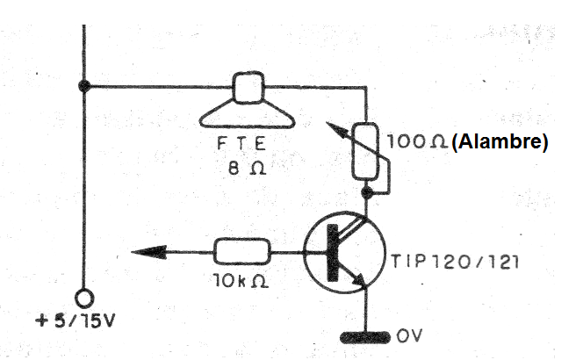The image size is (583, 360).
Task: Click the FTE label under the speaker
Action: [241, 143]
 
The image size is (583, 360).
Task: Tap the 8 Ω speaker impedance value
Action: [247, 169]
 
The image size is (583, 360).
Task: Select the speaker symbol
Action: [248, 100]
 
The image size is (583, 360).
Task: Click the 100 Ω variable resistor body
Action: [365, 151]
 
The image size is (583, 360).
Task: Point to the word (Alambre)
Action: [500, 142]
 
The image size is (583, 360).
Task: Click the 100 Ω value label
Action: [417, 141]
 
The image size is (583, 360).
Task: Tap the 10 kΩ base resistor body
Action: [241, 252]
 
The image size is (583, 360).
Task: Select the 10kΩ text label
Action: [241, 281]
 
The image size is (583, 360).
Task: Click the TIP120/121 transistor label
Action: [454, 262]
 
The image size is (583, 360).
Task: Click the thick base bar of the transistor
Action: [333, 253]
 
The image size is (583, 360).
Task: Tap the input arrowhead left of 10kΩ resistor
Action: [149, 252]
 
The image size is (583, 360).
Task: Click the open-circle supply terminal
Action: [84, 299]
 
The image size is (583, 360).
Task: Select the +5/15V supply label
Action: [75, 321]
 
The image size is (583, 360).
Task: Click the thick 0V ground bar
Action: [365, 337]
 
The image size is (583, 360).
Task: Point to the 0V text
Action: [409, 335]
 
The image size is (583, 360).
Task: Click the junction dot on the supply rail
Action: [84, 86]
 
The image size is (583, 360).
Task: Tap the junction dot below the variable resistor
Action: [367, 192]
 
